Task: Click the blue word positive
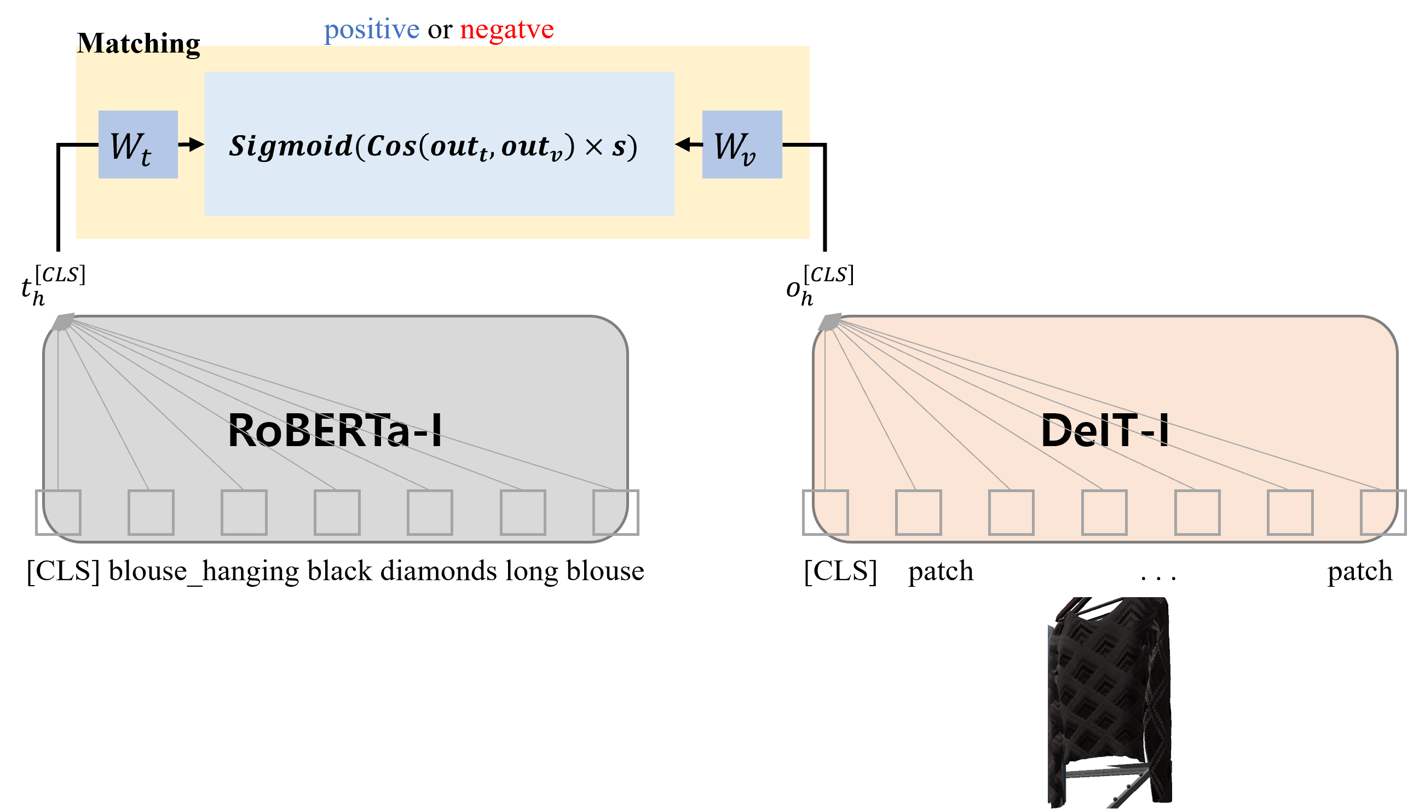(372, 30)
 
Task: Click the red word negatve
(507, 30)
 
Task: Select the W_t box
(138, 145)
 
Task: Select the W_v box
(742, 145)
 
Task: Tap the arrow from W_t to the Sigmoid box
(192, 145)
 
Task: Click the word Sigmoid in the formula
(291, 146)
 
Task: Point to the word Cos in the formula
(391, 146)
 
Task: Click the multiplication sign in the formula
(594, 147)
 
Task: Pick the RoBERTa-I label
(335, 431)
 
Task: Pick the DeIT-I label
(1105, 431)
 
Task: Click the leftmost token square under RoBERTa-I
(59, 512)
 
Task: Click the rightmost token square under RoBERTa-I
(615, 512)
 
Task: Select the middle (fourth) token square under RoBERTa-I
(337, 512)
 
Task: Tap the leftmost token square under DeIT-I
(826, 512)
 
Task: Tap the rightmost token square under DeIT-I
(1383, 512)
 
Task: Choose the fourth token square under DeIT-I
(1104, 512)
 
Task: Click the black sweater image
(1110, 701)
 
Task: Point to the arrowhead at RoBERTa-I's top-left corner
(64, 322)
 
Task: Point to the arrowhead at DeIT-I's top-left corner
(830, 322)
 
